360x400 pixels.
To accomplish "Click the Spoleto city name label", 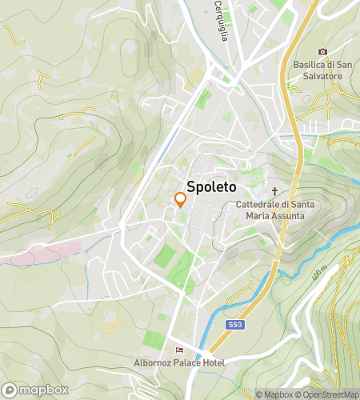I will click(211, 186).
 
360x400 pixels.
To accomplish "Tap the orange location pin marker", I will click(181, 202).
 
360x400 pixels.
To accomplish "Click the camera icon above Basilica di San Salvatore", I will click(323, 52).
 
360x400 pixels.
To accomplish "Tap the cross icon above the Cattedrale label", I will click(275, 191).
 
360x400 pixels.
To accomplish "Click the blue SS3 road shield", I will click(234, 325).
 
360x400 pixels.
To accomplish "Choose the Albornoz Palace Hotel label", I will click(179, 362).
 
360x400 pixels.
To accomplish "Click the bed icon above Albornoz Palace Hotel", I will click(179, 350).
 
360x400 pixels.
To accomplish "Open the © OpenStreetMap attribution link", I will click(329, 394).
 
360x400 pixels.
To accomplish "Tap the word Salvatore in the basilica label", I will click(323, 76).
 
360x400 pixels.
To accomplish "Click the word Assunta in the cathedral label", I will click(288, 216).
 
